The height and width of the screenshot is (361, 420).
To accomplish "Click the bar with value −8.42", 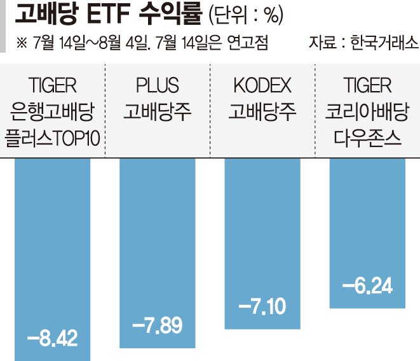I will [x=52, y=255].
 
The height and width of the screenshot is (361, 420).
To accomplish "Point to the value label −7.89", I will [x=158, y=325].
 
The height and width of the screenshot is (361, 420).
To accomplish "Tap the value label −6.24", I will [x=367, y=286].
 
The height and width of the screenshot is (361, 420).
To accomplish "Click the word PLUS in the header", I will [x=158, y=85].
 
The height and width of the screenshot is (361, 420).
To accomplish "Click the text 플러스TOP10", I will [x=52, y=138].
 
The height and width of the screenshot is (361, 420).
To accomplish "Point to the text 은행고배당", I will [x=52, y=112].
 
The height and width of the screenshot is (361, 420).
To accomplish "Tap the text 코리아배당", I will [x=367, y=112].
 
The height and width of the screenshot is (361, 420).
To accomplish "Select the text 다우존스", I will [x=367, y=138].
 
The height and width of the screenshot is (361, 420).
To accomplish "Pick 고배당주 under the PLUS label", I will [x=158, y=112].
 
